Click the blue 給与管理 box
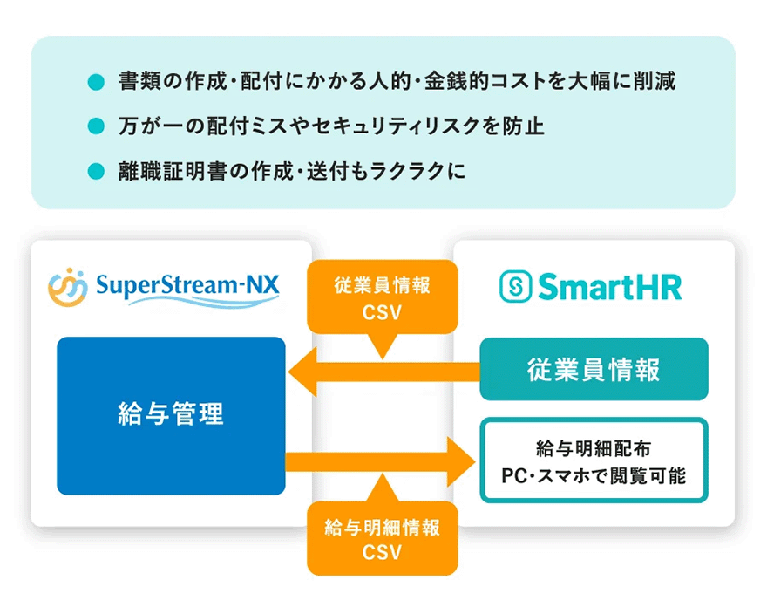point(171,415)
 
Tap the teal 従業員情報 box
point(594,369)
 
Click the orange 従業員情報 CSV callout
point(383,297)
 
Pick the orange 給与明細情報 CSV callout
point(383,539)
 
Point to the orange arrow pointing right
point(383,457)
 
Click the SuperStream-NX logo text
point(187,284)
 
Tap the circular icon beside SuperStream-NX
point(67,287)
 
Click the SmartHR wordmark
point(608,286)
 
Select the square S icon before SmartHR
point(514,286)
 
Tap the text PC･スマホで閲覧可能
point(594,477)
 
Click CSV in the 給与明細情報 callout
point(383,552)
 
